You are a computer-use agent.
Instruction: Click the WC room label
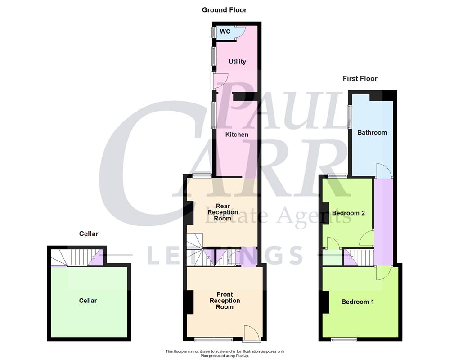click(225, 31)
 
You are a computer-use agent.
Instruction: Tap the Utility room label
click(237, 62)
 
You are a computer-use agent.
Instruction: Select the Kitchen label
click(237, 135)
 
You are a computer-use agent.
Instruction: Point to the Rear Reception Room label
click(223, 212)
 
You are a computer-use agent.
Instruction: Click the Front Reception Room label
click(225, 301)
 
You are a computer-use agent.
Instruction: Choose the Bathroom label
click(372, 132)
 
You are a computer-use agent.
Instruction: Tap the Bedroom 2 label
click(348, 213)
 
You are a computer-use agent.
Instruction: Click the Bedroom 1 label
click(358, 301)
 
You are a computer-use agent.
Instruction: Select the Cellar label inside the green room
click(88, 301)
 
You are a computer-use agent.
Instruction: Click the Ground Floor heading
click(224, 10)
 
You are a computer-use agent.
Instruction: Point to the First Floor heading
click(360, 78)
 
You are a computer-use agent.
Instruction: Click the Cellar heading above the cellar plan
click(89, 234)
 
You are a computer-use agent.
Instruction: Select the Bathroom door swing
click(383, 171)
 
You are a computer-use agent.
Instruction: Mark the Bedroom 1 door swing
click(383, 273)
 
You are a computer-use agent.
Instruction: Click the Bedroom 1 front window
click(344, 339)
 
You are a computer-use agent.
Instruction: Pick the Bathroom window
click(349, 116)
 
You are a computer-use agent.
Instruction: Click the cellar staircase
click(67, 258)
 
